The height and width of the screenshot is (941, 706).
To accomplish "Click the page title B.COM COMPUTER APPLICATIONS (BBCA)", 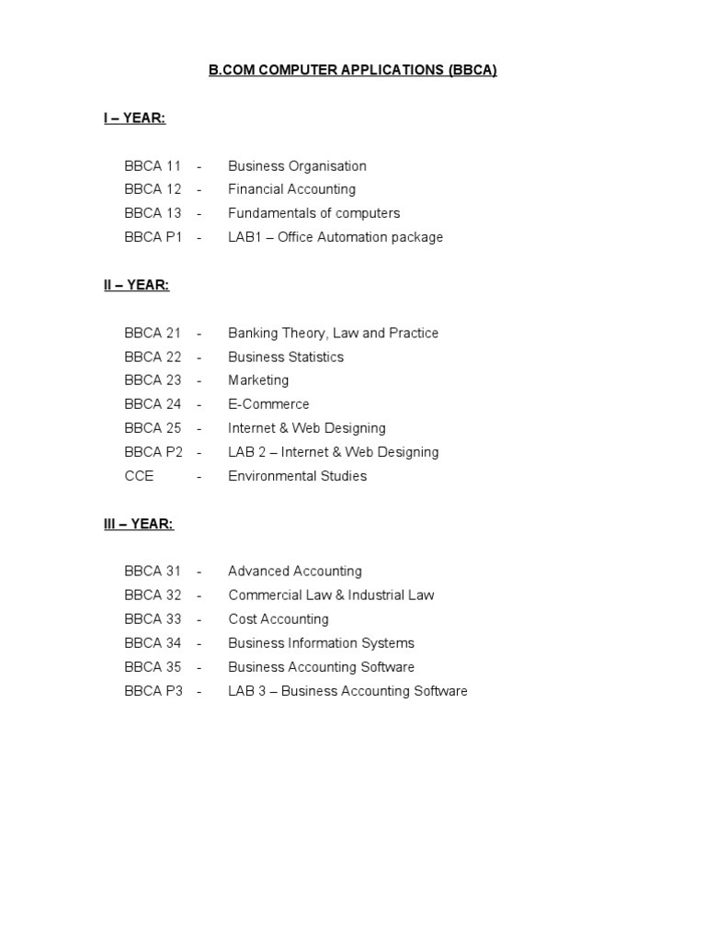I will pos(353,71).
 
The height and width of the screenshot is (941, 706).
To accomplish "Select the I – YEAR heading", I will pos(134,119).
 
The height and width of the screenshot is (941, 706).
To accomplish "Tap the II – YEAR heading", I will pos(136,285).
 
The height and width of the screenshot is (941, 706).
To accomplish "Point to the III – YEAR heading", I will pos(138,524).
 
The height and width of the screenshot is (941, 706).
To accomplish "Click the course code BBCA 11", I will pos(153,166).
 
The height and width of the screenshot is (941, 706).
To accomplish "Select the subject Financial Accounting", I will pos(291,189).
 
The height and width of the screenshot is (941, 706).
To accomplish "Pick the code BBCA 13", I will pos(153,213).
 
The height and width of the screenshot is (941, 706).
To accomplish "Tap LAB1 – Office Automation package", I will pos(336,237).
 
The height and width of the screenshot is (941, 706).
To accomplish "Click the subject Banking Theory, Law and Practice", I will pos(333,333).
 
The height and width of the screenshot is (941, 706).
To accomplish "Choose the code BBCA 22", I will pos(153,357).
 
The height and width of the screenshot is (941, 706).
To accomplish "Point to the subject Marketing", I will pos(258,380).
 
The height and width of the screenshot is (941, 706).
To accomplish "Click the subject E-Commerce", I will pos(268,404).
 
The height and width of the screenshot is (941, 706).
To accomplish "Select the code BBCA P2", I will pos(154,452).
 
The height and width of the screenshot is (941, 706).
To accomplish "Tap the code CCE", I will pos(139,476).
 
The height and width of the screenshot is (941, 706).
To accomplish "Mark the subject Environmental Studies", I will pos(297,476).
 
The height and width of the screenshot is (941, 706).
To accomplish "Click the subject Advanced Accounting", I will pos(295,572).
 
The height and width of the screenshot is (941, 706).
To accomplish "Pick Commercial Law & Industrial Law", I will pos(331,595).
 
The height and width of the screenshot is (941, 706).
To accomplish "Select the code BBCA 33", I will pos(153,619).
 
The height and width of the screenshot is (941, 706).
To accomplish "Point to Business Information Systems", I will pos(321,643).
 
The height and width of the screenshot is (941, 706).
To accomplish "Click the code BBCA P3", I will pos(154,691).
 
